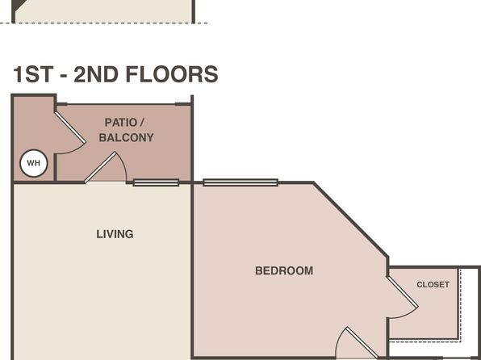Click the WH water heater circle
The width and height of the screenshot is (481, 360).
click(x=34, y=163)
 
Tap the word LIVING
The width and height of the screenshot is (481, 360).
click(x=115, y=234)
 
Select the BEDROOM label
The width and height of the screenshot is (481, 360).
click(x=284, y=270)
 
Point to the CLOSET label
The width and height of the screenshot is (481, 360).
click(x=433, y=284)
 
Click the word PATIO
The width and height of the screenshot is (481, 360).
click(x=120, y=123)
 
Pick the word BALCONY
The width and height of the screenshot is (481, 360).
click(x=127, y=137)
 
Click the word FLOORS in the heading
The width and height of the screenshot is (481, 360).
click(x=172, y=74)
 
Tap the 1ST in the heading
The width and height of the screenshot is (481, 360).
click(x=33, y=74)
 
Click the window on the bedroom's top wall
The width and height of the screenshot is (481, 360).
click(x=240, y=182)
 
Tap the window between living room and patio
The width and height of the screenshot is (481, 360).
click(x=156, y=182)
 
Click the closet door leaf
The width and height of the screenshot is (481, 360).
click(x=403, y=292)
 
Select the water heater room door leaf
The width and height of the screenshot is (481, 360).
click(x=70, y=128)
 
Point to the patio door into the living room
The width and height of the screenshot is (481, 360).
click(x=100, y=167)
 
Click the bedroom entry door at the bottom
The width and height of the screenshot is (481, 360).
click(x=362, y=343)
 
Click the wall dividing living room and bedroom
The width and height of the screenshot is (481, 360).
click(x=192, y=271)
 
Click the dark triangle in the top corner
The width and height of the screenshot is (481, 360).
click(x=19, y=4)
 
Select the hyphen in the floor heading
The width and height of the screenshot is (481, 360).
click(x=64, y=76)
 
